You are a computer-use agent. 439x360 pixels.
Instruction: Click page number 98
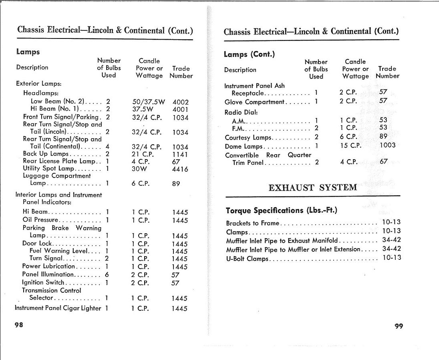pos(19,325)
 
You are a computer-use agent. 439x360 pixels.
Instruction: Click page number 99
pos(399,326)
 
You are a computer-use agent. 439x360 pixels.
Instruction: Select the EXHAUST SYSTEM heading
pos(312,188)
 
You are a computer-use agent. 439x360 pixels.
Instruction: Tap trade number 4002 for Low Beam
pos(180,102)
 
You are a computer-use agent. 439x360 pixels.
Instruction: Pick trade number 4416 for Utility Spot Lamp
pos(180,169)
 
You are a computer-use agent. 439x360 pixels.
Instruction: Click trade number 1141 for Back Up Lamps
pos(180,154)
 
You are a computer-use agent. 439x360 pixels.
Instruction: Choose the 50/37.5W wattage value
pos(149,102)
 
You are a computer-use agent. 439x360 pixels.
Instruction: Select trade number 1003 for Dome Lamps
pos(387,146)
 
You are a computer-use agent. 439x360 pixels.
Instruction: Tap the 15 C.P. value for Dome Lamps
pos(350,146)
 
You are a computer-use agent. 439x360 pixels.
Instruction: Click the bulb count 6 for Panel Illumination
pos(107,275)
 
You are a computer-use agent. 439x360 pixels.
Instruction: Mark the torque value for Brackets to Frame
pos(391,222)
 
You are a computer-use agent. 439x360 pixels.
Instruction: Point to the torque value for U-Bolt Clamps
pos(391,258)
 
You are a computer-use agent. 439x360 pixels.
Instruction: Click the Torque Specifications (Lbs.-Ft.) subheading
pos(281,210)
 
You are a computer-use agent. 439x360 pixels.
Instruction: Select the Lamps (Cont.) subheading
pos(249,55)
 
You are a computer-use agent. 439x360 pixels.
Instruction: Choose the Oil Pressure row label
pos(40,220)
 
